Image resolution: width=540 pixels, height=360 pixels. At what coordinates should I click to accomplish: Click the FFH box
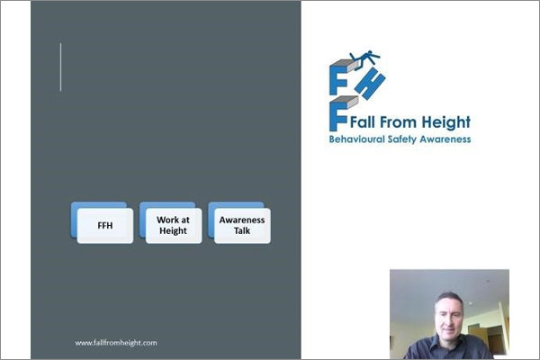click(x=105, y=225)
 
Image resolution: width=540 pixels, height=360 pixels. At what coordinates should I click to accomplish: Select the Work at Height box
click(x=172, y=225)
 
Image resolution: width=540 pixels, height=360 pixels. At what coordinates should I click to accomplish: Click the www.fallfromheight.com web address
click(x=116, y=342)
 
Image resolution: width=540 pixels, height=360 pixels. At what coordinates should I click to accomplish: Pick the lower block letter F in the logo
click(x=339, y=112)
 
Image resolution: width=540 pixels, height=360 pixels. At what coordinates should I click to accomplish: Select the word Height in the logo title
click(x=448, y=123)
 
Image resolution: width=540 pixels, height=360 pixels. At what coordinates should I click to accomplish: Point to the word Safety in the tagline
click(x=405, y=139)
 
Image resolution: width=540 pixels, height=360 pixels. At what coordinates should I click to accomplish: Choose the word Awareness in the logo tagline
click(x=448, y=139)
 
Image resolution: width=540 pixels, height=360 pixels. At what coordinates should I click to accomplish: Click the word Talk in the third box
click(x=240, y=231)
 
